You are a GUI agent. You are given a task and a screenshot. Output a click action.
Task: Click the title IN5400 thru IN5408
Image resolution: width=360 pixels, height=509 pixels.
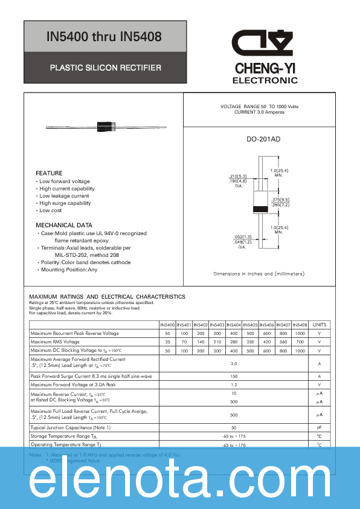click(x=104, y=37)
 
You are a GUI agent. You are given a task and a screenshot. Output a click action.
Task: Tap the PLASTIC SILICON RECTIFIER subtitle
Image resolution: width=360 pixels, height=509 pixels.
click(x=105, y=68)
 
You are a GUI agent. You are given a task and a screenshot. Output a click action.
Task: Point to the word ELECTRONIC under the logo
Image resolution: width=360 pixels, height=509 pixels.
click(x=265, y=80)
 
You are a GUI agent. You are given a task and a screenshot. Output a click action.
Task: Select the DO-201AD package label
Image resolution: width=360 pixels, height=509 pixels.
click(x=263, y=140)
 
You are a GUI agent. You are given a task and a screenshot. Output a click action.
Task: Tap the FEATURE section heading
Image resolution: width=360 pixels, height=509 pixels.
click(x=49, y=173)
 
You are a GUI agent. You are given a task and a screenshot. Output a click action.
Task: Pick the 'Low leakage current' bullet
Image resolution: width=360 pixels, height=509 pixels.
click(x=64, y=196)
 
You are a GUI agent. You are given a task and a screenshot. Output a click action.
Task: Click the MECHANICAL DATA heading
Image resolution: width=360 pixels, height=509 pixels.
click(x=64, y=225)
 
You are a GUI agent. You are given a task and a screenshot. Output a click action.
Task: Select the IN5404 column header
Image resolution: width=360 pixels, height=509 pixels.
click(x=234, y=325)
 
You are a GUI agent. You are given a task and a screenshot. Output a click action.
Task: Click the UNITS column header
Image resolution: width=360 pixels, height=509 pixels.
click(x=320, y=325)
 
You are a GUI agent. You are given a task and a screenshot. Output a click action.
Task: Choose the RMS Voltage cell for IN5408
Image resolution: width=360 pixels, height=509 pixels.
click(x=300, y=342)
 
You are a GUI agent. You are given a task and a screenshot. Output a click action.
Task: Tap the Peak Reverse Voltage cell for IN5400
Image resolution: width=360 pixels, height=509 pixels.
click(x=167, y=334)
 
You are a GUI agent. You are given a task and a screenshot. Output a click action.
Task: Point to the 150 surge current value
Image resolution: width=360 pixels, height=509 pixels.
click(x=234, y=376)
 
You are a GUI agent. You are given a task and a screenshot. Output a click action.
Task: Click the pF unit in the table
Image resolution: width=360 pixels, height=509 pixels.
click(x=320, y=427)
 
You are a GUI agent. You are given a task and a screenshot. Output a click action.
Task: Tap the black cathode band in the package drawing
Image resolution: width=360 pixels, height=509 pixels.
click(x=260, y=209)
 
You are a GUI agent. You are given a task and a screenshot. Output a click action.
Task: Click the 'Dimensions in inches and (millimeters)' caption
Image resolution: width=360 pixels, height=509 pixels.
click(x=259, y=274)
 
